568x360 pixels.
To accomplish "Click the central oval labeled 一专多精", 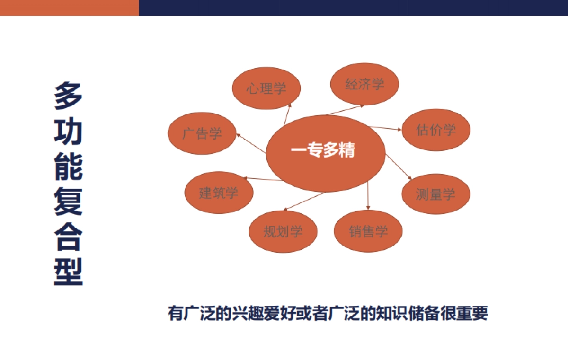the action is (326, 153).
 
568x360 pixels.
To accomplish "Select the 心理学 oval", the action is (266, 88).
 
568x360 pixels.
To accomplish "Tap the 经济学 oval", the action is (364, 84).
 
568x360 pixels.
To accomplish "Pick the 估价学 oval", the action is (436, 130).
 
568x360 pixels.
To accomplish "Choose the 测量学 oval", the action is (436, 194).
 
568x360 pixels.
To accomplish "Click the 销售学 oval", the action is (368, 231).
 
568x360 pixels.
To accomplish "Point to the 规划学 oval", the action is (283, 231).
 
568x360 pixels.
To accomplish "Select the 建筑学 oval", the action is (219, 193).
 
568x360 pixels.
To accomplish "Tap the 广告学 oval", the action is (202, 133).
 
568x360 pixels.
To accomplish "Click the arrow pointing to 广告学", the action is (251, 143).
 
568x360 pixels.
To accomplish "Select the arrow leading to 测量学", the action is (399, 167).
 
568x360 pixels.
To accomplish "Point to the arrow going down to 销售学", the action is (368, 195).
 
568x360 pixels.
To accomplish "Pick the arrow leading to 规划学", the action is (304, 202).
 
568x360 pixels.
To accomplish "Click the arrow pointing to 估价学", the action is (385, 128).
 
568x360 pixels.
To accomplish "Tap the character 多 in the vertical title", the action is (69, 96).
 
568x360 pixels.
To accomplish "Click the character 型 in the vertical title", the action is (69, 272).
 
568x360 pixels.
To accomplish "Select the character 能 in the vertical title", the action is (69, 166).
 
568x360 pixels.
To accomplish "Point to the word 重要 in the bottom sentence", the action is (472, 313).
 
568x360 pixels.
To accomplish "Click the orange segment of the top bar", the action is (70, 8).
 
